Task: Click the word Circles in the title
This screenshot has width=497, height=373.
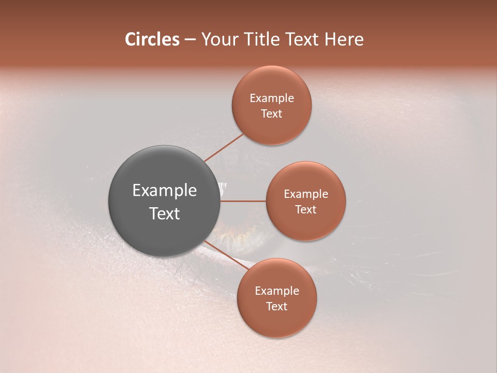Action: tap(152, 39)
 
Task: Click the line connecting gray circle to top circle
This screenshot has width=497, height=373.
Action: tap(224, 147)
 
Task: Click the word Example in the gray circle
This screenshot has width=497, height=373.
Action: tap(164, 191)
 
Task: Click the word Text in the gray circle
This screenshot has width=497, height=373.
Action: tap(164, 213)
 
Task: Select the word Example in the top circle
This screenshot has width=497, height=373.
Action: tap(271, 98)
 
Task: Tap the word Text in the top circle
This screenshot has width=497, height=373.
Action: tap(271, 114)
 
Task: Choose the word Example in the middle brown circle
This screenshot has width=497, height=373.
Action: tap(305, 194)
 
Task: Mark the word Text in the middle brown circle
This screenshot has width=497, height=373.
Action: tap(305, 210)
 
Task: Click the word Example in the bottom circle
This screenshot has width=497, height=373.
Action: tap(276, 291)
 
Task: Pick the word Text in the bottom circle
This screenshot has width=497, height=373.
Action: tap(276, 307)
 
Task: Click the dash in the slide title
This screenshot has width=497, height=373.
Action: tap(189, 40)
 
